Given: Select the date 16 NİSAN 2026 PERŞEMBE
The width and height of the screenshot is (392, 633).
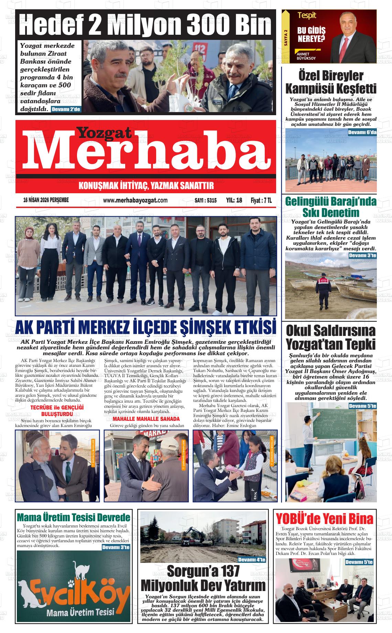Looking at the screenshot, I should [46, 200].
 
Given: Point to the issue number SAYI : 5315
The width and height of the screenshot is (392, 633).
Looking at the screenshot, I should [205, 200].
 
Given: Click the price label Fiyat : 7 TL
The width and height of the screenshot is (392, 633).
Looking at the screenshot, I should [261, 200].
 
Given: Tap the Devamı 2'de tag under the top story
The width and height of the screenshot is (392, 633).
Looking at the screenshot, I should [66, 109].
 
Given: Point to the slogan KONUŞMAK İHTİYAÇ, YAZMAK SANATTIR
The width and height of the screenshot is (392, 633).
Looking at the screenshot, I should [146, 186].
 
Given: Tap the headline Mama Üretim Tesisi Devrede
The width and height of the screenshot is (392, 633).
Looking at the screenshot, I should [74, 517].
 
